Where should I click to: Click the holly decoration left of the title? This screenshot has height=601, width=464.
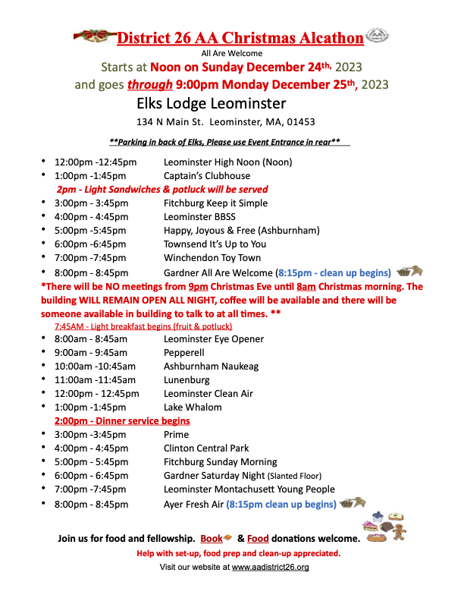(x=95, y=36)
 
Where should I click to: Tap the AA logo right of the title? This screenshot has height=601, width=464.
(x=377, y=36)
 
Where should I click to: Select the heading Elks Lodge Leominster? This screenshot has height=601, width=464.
(x=212, y=102)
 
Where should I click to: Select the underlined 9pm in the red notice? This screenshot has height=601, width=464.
(x=199, y=286)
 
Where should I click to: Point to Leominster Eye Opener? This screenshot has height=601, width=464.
(x=214, y=339)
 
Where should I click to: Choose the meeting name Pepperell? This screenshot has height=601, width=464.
(x=186, y=353)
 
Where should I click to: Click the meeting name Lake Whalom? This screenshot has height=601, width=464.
(x=194, y=407)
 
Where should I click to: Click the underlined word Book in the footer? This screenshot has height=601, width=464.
(x=212, y=539)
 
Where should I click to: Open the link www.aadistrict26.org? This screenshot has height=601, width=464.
(x=270, y=567)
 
